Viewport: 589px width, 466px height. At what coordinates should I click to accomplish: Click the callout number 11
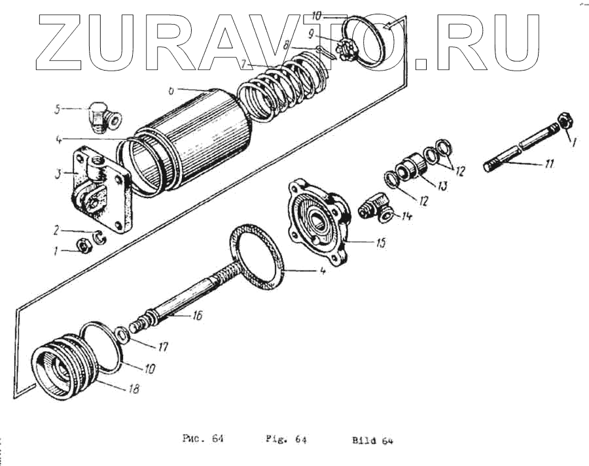[x=547, y=165]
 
